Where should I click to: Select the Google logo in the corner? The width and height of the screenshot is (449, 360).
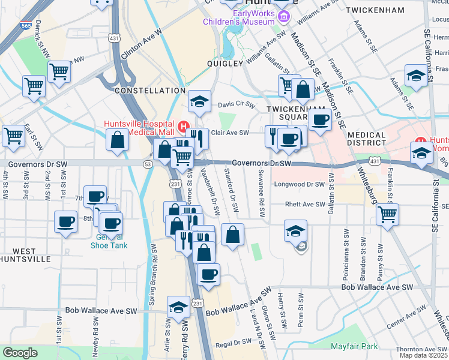pyautogui.click(x=20, y=353)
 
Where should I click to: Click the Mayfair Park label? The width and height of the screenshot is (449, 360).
pyautogui.click(x=354, y=346)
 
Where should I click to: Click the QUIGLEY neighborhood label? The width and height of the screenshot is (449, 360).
pyautogui.click(x=225, y=63)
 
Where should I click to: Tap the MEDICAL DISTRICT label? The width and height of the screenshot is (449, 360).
pyautogui.click(x=366, y=139)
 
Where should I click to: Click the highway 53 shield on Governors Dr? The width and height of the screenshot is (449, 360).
pyautogui.click(x=147, y=163)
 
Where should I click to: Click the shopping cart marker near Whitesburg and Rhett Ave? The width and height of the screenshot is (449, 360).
pyautogui.click(x=387, y=214)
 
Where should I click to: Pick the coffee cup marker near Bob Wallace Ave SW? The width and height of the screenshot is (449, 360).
pyautogui.click(x=208, y=274)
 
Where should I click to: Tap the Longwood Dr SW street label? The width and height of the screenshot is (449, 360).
pyautogui.click(x=299, y=184)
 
